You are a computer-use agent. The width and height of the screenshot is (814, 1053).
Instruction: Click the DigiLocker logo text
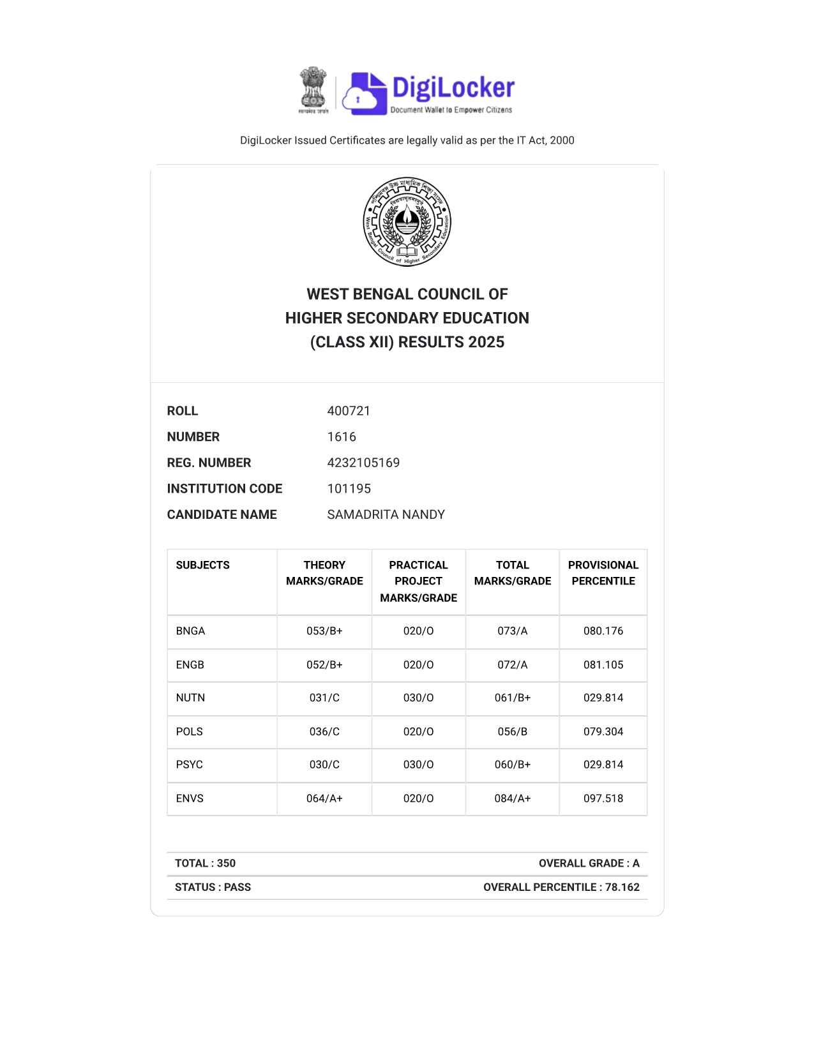(x=452, y=88)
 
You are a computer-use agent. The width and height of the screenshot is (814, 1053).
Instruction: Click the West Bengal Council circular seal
(x=407, y=221)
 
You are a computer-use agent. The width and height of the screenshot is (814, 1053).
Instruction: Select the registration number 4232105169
(x=363, y=463)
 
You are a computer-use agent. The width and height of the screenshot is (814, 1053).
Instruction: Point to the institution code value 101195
(x=349, y=489)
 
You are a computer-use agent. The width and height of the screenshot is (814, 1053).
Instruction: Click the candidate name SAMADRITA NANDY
(x=386, y=514)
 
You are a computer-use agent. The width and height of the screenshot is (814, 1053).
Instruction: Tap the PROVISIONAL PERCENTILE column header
(x=603, y=573)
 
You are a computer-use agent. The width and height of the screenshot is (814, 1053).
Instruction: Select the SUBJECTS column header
(x=202, y=565)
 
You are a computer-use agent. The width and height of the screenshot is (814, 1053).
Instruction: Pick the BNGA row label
(x=190, y=631)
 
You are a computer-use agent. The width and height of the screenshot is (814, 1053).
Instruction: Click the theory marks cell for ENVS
(x=324, y=798)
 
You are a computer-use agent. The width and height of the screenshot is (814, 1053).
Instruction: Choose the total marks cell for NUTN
(x=512, y=698)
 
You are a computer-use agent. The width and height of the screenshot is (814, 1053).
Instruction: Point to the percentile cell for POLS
(x=603, y=731)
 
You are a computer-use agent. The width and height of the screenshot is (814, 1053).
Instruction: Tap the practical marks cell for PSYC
(x=418, y=765)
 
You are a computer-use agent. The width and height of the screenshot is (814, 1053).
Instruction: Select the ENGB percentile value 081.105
(x=603, y=665)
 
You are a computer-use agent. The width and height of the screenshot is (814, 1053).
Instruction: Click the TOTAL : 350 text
(x=205, y=863)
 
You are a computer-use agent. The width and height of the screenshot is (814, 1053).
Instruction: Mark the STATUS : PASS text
(x=213, y=887)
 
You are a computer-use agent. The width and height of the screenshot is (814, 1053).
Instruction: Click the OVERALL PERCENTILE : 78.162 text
(x=561, y=887)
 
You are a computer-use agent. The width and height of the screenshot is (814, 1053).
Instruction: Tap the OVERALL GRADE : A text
(x=589, y=863)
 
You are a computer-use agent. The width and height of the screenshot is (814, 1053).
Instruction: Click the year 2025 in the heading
(x=486, y=343)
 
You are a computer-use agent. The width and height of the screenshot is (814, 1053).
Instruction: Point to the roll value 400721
(x=349, y=411)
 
